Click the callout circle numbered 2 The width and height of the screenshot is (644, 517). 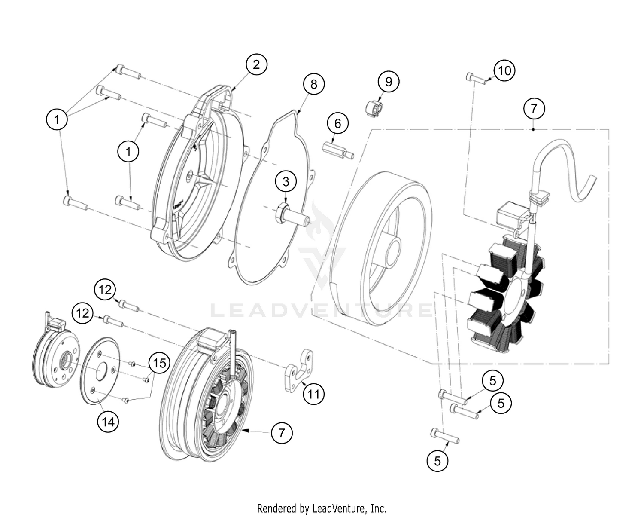coord(256,64)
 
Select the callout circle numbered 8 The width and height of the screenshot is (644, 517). coord(313,84)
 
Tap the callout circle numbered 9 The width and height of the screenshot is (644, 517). coord(388,81)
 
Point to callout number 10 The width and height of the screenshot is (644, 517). coord(504,70)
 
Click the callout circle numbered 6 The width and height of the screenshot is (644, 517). coord(337,123)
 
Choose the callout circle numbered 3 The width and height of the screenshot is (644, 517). coord(286,181)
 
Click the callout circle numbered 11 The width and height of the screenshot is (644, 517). coord(313,394)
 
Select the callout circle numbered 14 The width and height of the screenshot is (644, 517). coord(108,422)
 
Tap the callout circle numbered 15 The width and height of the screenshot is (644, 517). coord(159,363)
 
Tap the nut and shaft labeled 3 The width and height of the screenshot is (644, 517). coord(292,215)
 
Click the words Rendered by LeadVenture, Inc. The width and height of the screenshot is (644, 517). coord(322,508)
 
